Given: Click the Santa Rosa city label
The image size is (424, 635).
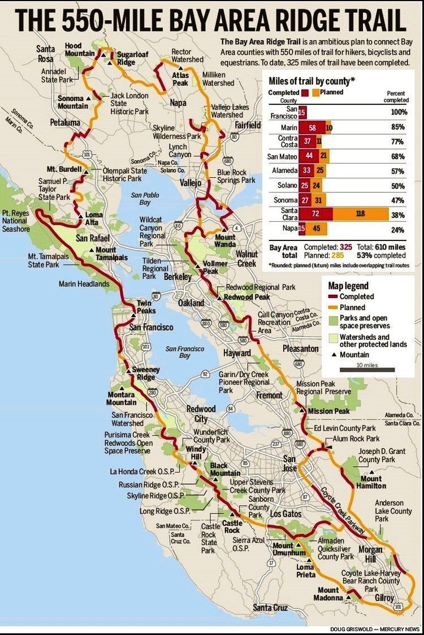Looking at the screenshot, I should [x=45, y=54].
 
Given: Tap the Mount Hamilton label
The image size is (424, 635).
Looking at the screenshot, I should [x=371, y=482].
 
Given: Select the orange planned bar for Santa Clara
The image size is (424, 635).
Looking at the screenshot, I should [x=360, y=214].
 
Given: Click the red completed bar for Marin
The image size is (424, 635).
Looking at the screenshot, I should [x=312, y=128].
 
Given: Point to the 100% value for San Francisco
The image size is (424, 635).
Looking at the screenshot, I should [x=399, y=112].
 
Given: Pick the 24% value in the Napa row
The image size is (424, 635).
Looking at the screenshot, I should [x=399, y=229].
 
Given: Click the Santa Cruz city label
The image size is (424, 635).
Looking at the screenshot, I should [x=270, y=607].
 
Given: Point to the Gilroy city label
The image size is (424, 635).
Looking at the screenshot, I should [x=384, y=598].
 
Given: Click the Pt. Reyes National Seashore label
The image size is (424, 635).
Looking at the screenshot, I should [x=16, y=221].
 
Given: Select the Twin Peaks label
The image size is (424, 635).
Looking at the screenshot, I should [x=145, y=307].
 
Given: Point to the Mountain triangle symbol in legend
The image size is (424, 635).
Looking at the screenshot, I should [x=334, y=355].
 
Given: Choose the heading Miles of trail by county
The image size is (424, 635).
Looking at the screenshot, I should [x=311, y=81].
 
